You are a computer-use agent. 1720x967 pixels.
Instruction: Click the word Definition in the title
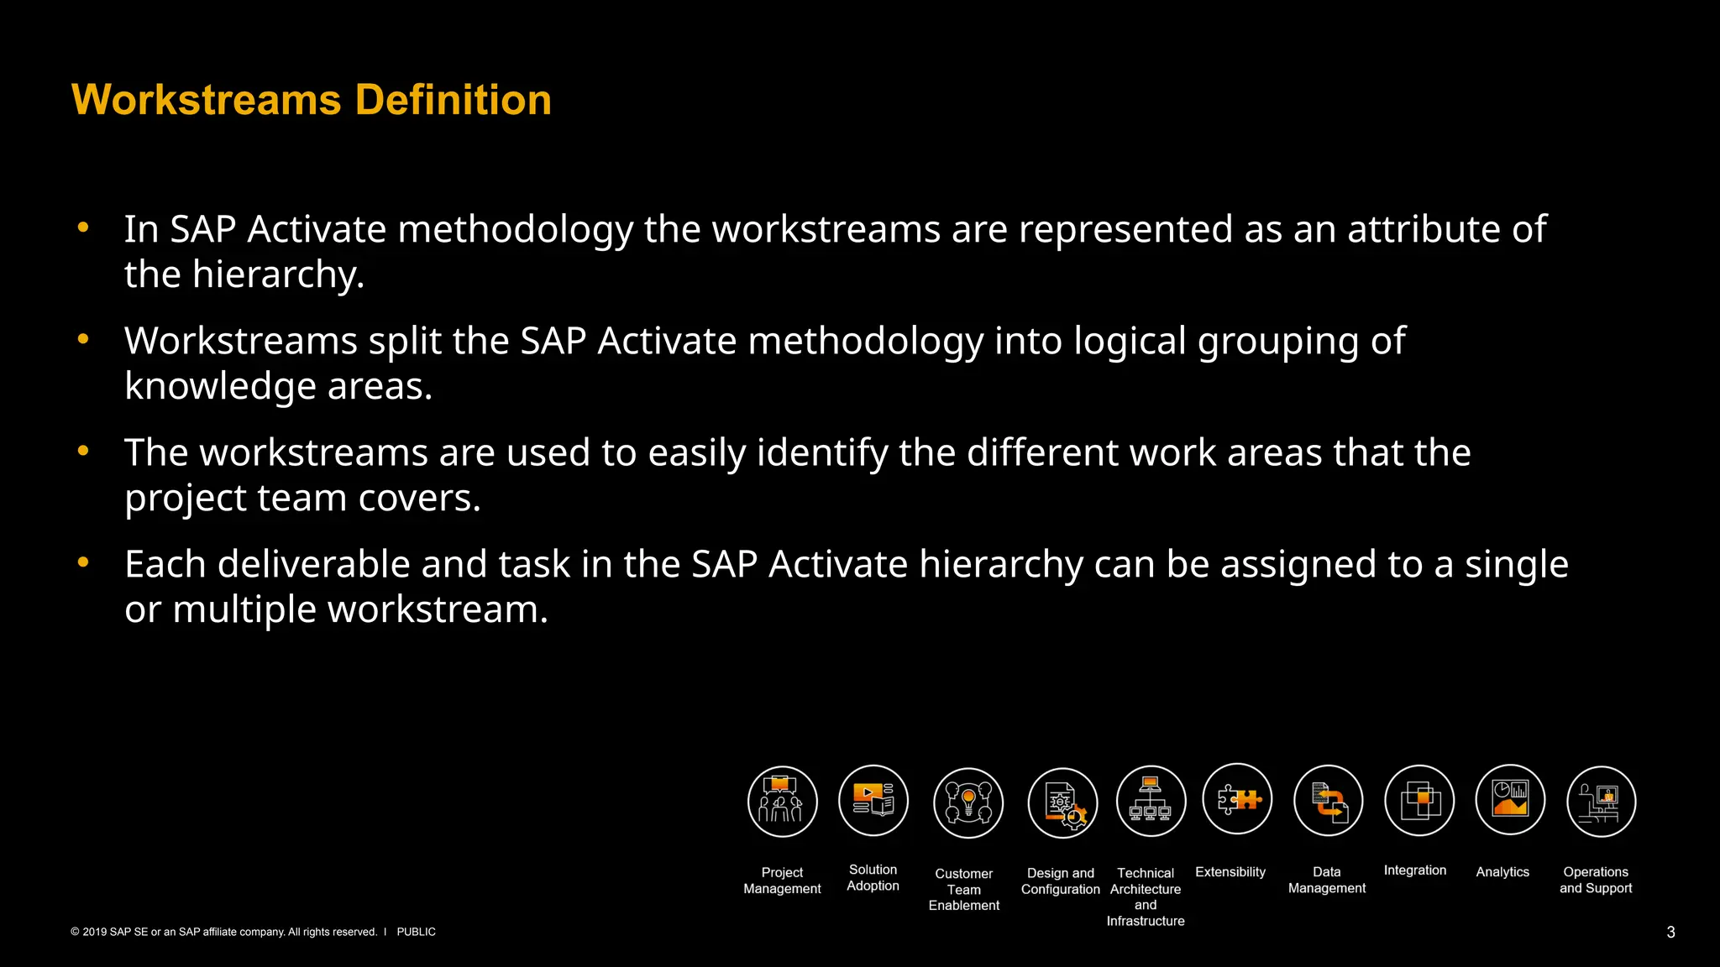[453, 100]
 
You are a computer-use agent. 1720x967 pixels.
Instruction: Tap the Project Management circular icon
[782, 801]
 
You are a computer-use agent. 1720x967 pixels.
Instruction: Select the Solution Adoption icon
[873, 800]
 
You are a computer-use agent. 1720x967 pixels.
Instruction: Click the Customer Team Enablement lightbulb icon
[967, 802]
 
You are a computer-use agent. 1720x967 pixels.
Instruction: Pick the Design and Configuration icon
[1062, 802]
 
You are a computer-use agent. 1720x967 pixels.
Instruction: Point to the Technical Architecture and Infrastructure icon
[1151, 801]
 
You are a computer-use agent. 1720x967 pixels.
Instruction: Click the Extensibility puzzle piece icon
[1237, 798]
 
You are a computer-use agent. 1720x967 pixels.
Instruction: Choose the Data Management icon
[1328, 801]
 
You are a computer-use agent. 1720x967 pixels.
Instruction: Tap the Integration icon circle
[1418, 800]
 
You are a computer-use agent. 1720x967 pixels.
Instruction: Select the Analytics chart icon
[1509, 799]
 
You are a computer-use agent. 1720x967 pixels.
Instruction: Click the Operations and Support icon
[1601, 801]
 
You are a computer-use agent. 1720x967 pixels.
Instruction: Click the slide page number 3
[1670, 932]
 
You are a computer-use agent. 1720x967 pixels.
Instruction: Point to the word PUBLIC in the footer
[416, 932]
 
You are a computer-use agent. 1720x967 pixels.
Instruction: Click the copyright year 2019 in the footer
[94, 932]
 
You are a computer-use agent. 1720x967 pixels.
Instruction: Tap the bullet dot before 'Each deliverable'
[83, 562]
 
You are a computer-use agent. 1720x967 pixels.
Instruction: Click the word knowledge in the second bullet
[219, 386]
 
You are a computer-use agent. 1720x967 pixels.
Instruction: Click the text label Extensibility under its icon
[1230, 872]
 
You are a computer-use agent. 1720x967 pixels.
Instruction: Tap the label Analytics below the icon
[1502, 872]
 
